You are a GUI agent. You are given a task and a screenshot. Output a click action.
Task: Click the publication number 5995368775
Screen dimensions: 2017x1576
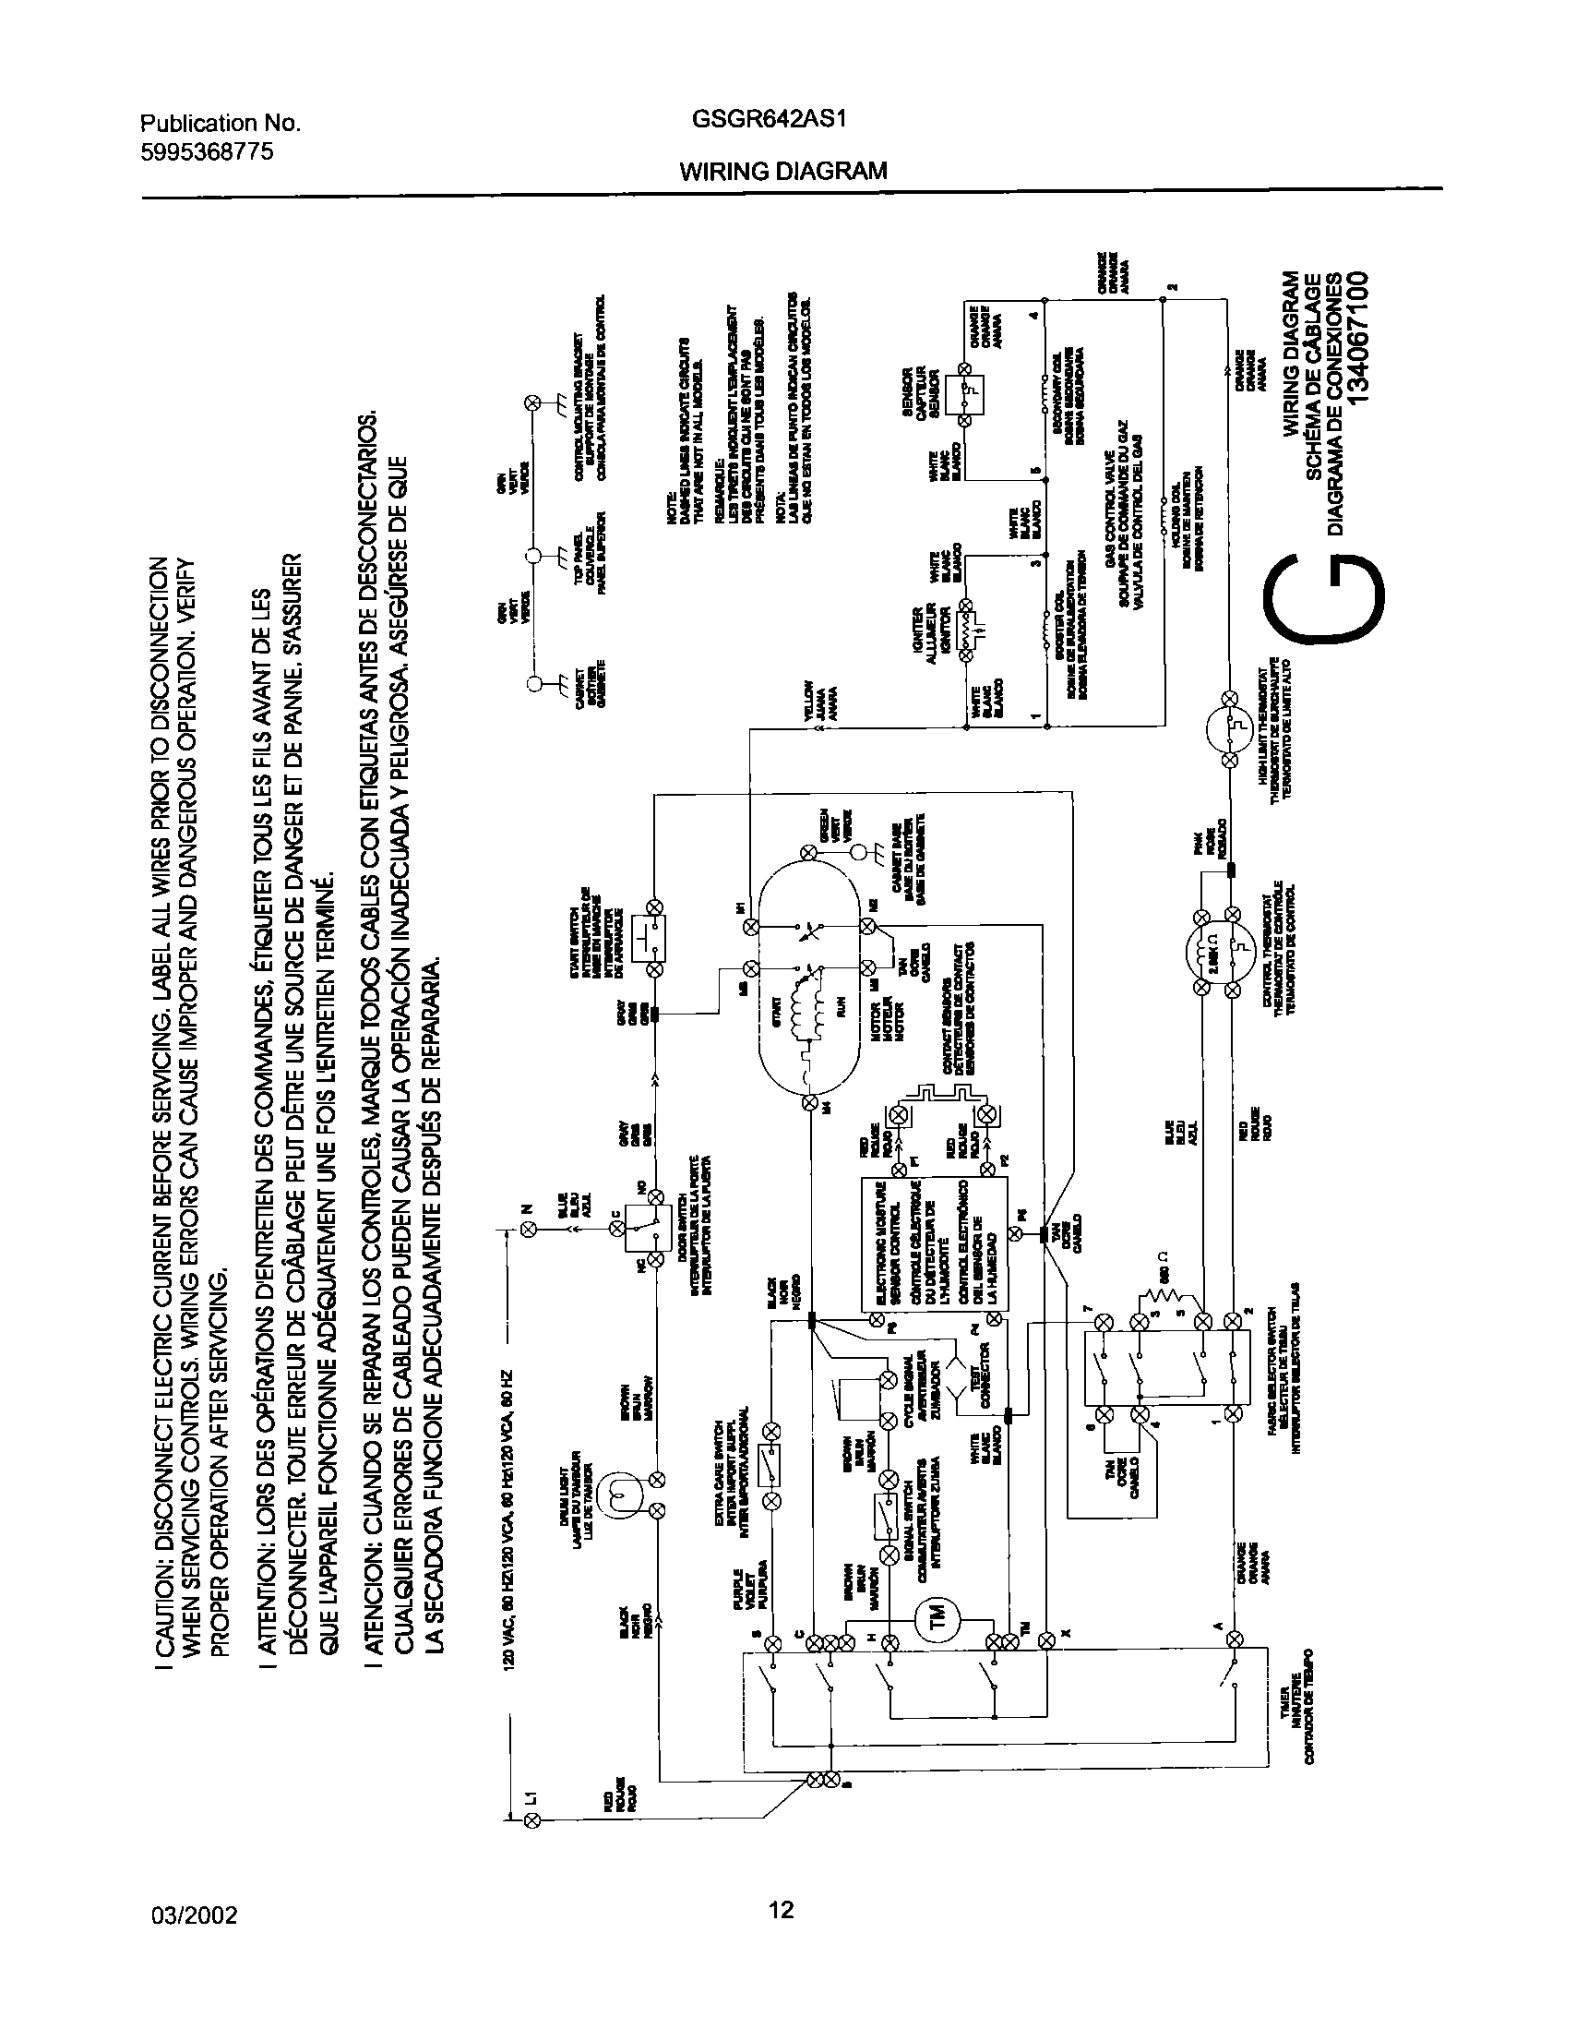207,152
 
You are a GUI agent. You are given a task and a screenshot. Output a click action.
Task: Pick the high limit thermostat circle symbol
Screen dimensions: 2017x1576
1231,729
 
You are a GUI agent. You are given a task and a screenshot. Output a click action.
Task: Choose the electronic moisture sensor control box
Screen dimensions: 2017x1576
937,1243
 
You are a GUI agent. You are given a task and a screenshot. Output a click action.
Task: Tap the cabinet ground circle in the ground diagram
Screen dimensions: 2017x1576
532,683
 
